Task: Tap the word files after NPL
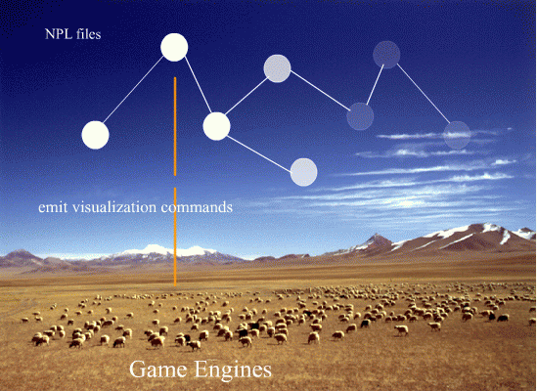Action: pyautogui.click(x=89, y=34)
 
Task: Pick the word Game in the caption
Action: pyautogui.click(x=158, y=370)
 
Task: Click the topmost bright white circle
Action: pyautogui.click(x=174, y=47)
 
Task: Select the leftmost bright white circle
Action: pyautogui.click(x=95, y=135)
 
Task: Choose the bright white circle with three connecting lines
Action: pyautogui.click(x=216, y=126)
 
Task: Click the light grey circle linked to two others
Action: pyautogui.click(x=277, y=68)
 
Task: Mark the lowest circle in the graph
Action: pyautogui.click(x=304, y=172)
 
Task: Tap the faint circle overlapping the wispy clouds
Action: pyautogui.click(x=457, y=135)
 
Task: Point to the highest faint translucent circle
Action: pyautogui.click(x=386, y=55)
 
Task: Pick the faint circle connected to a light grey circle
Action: pyautogui.click(x=360, y=116)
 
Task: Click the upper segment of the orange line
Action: pyautogui.click(x=175, y=126)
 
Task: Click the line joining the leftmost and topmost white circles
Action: pyautogui.click(x=133, y=90)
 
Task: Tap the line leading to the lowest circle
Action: pyautogui.click(x=259, y=153)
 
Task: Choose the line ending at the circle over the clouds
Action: pyautogui.click(x=424, y=94)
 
